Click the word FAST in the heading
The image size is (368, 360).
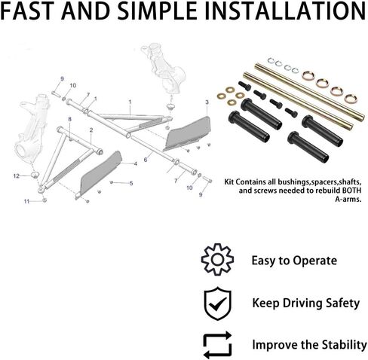pos(29,11)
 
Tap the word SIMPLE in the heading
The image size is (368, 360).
pos(157,11)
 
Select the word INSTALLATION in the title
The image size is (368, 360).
pos(285,11)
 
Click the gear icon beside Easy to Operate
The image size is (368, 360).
pos(217,260)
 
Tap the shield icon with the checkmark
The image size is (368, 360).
pos(218,304)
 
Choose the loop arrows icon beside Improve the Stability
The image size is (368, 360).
pos(217,345)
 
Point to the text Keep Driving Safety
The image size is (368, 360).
pos(306,304)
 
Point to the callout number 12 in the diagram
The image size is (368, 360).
pos(17,176)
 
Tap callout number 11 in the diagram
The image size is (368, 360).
pos(26,201)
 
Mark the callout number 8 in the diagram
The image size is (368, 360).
pos(70,119)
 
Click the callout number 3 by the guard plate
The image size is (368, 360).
pos(207,102)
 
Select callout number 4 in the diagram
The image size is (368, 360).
pos(136,164)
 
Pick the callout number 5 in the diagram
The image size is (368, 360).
pos(131,184)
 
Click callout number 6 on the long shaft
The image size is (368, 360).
pos(146,160)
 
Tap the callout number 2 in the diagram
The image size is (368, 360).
pos(91,130)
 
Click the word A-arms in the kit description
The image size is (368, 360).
pos(348,200)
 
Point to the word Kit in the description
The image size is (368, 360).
pos(229,182)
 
